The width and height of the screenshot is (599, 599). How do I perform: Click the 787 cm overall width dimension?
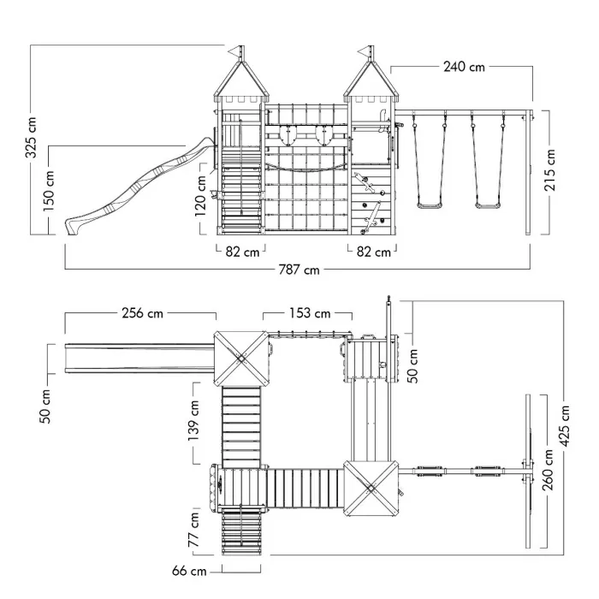pyautogui.click(x=299, y=270)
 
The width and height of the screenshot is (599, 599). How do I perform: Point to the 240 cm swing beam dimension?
pyautogui.click(x=465, y=67)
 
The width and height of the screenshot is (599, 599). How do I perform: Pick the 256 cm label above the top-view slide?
pyautogui.click(x=141, y=313)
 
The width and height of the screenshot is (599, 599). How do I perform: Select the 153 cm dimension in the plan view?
pyautogui.click(x=308, y=313)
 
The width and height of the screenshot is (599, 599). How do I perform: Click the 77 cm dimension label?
pyautogui.click(x=195, y=530)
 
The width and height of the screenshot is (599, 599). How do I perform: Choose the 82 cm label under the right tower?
pyautogui.click(x=371, y=252)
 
